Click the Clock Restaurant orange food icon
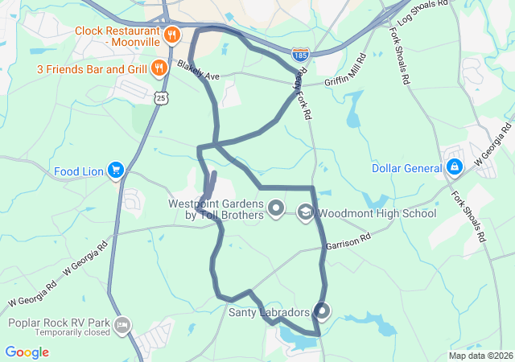[x=171, y=35]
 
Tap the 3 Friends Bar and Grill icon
[x=159, y=68]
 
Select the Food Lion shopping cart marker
[x=117, y=171]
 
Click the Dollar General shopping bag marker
[x=454, y=167]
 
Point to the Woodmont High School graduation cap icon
[x=305, y=213]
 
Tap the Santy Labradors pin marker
[x=322, y=311]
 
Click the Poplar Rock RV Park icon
[x=122, y=326]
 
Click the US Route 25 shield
[x=163, y=97]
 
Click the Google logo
[x=27, y=352]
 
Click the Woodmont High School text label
[x=377, y=214]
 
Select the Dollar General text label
[x=406, y=168]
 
